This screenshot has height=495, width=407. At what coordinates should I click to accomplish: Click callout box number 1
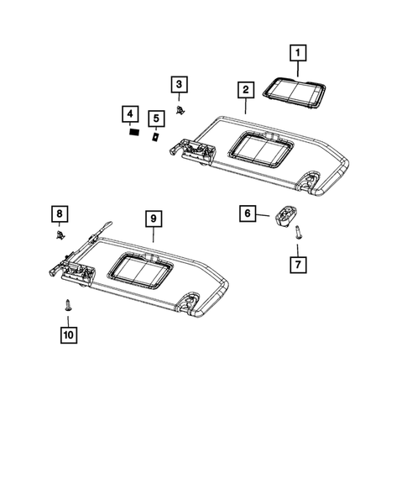[x=295, y=52]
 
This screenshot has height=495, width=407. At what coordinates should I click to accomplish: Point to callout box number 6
[x=248, y=214]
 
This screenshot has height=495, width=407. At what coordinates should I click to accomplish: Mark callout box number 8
[x=59, y=214]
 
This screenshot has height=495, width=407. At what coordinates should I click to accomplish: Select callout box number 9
[x=153, y=219]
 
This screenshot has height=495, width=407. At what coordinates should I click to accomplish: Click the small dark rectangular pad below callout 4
[x=131, y=131]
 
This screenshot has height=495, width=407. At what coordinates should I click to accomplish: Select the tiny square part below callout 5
[x=155, y=134]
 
